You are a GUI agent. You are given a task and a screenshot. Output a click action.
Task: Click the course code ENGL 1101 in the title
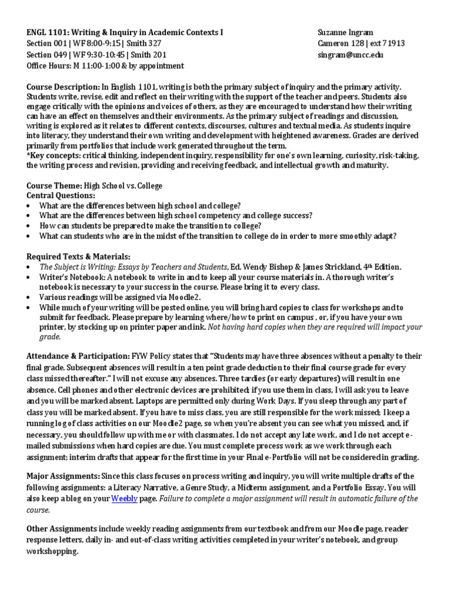coord(48,32)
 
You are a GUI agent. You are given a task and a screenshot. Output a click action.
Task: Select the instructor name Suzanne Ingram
coord(346,32)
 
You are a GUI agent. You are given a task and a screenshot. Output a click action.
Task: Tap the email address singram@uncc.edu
coord(350,54)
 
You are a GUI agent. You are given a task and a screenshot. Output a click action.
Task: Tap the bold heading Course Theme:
coord(54,186)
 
